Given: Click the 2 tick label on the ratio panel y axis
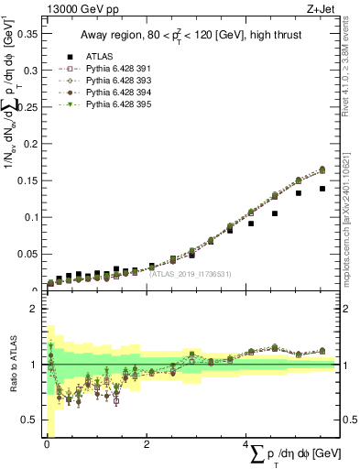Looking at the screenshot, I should (34, 309).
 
